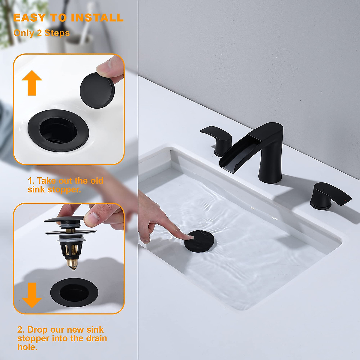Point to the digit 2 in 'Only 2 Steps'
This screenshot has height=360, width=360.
pyautogui.click(x=39, y=33)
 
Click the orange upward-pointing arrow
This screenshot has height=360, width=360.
pyautogui.click(x=32, y=83)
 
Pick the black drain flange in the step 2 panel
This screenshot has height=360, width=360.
pyautogui.click(x=74, y=292)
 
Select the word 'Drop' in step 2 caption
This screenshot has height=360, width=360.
pyautogui.click(x=38, y=330)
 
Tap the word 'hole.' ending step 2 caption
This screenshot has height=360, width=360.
pyautogui.click(x=27, y=347)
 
